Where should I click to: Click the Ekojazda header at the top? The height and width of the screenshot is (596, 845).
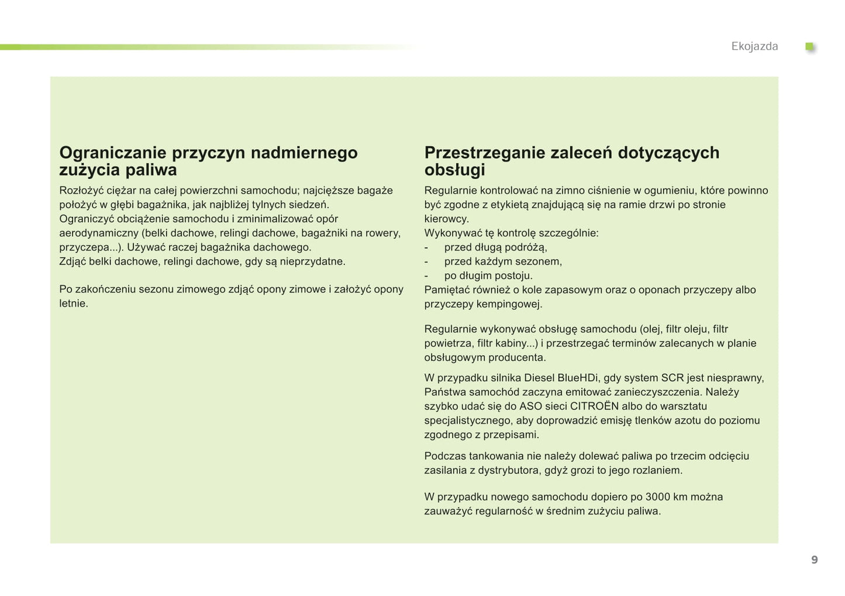coord(754,46)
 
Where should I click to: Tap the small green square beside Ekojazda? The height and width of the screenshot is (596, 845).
coord(809,46)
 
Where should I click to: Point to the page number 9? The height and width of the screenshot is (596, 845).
coord(814,560)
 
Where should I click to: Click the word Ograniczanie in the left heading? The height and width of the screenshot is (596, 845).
coord(113,153)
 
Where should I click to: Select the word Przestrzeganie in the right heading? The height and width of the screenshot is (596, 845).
coord(485,153)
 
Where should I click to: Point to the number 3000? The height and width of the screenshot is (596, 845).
coord(657,497)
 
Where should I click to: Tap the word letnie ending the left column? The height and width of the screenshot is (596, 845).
coord(73,303)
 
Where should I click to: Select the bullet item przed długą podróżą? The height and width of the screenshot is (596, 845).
coord(495,247)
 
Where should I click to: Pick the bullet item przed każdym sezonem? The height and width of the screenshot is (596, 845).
coord(503,261)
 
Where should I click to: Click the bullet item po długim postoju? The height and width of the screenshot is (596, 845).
coord(488,275)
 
